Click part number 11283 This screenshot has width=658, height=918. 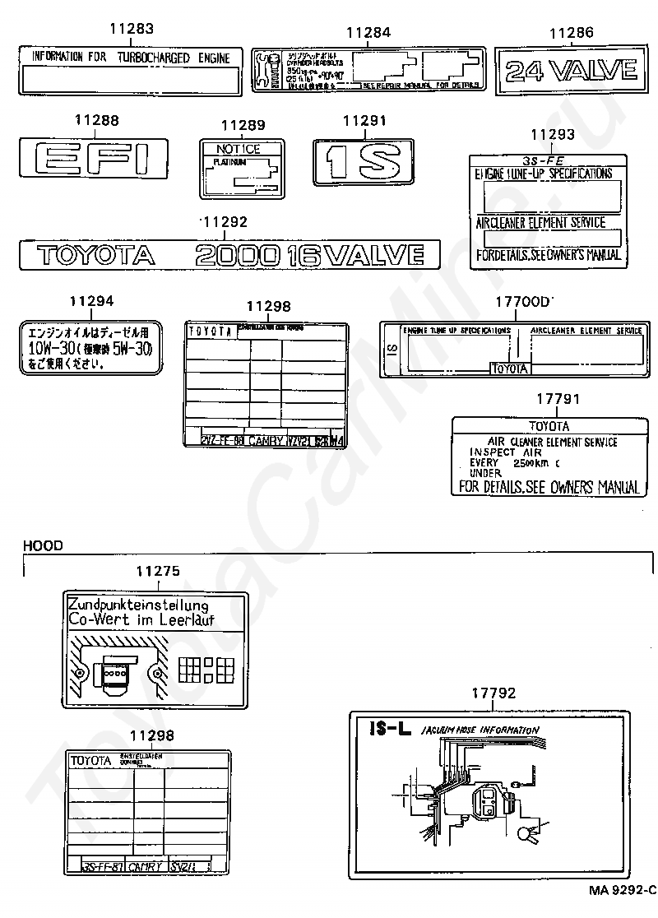pyautogui.click(x=132, y=30)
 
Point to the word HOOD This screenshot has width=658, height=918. pyautogui.click(x=43, y=545)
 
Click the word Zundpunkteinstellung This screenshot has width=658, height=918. pyautogui.click(x=137, y=605)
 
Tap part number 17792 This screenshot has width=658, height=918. pyautogui.click(x=493, y=693)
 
